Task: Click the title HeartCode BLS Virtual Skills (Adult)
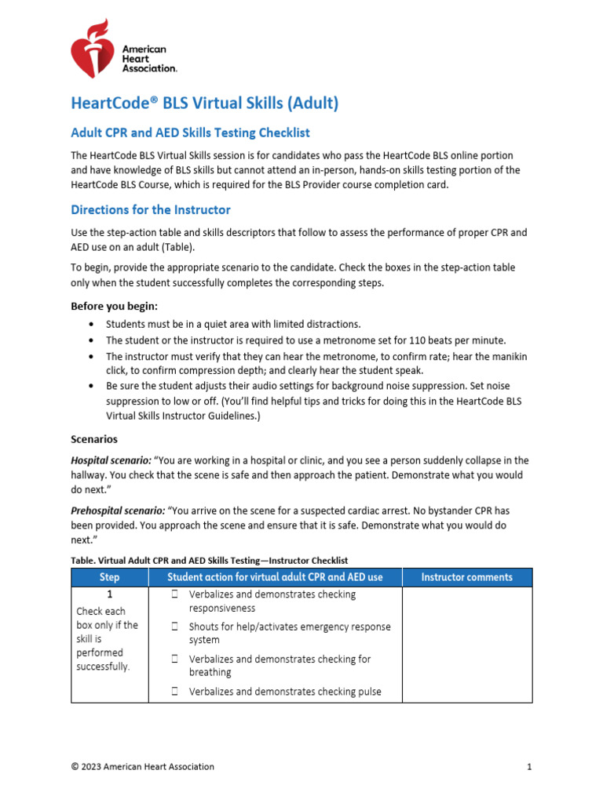click(x=204, y=103)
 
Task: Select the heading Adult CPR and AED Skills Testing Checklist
click(x=196, y=133)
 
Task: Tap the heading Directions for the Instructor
click(x=151, y=209)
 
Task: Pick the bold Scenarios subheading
click(x=94, y=439)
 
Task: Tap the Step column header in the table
click(x=110, y=577)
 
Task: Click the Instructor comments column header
click(x=466, y=577)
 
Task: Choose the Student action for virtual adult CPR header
click(x=275, y=577)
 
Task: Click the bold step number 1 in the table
click(x=110, y=594)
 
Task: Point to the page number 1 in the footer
click(x=530, y=766)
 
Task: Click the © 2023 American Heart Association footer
click(x=142, y=766)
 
